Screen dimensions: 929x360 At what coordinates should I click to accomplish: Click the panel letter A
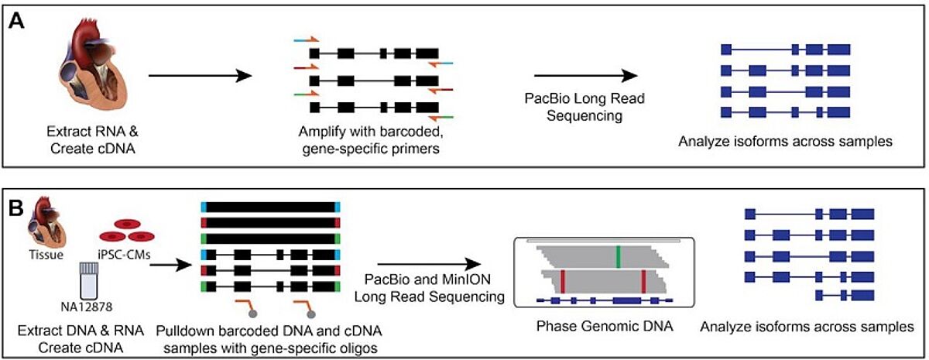coord(16,21)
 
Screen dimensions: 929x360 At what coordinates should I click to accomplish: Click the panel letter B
coord(16,208)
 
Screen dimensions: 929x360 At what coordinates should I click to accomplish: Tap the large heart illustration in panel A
coord(91,66)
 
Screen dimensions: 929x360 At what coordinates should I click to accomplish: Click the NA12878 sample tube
coord(87,281)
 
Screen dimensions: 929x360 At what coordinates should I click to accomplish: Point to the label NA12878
coord(86,307)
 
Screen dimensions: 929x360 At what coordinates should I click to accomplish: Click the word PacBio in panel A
coord(548,99)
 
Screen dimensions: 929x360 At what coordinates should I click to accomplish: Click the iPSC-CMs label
coord(124,254)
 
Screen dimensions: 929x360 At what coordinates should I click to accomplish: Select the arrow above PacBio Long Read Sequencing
coord(585,76)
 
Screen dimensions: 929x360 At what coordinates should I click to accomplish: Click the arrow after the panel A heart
coord(201,76)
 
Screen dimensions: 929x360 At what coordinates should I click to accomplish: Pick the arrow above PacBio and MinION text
coord(429,264)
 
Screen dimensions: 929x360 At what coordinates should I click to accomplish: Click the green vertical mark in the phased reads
coord(618,257)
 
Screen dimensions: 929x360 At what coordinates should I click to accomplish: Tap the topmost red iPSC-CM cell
coord(127,224)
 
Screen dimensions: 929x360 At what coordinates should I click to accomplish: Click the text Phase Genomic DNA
coord(605,326)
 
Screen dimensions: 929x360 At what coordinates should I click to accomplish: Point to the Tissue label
coord(46,254)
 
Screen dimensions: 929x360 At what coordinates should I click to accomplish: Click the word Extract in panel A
coord(68,132)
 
